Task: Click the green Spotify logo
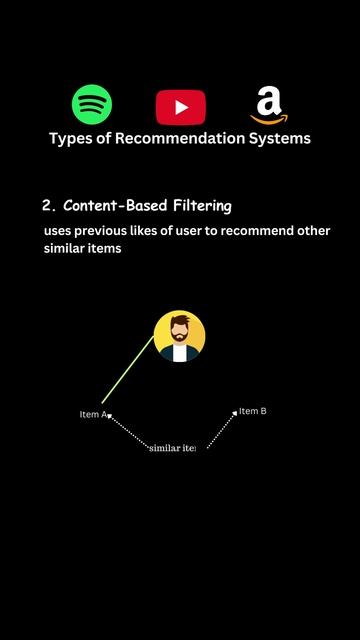pos(92,104)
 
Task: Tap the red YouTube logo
pos(181,106)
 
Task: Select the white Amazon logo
pos(269,104)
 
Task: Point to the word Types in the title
pos(71,138)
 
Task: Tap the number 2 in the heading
pos(47,206)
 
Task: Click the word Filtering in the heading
pos(199,206)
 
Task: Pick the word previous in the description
pos(113,231)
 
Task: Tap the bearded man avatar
pos(180,336)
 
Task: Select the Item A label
pos(92,414)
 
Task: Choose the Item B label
pos(253,411)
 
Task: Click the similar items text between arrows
pos(172,448)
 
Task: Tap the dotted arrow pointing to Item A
pos(126,431)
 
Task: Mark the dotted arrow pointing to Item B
pos(221,428)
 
